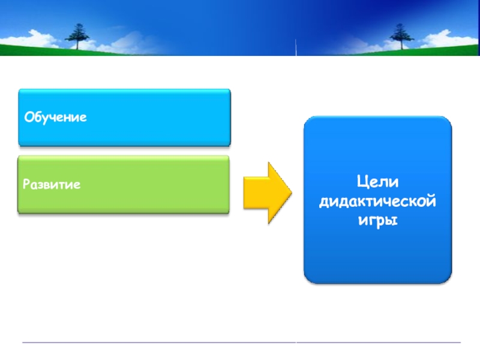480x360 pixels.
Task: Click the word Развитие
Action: (52, 184)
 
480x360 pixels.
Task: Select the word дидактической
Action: (377, 201)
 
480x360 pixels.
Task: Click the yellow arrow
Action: (266, 193)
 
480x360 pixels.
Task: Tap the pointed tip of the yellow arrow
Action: (290, 193)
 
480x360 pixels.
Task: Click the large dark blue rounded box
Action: (377, 252)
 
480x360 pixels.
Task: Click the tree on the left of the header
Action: (77, 35)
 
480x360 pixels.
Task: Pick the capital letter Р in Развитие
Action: (26, 184)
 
